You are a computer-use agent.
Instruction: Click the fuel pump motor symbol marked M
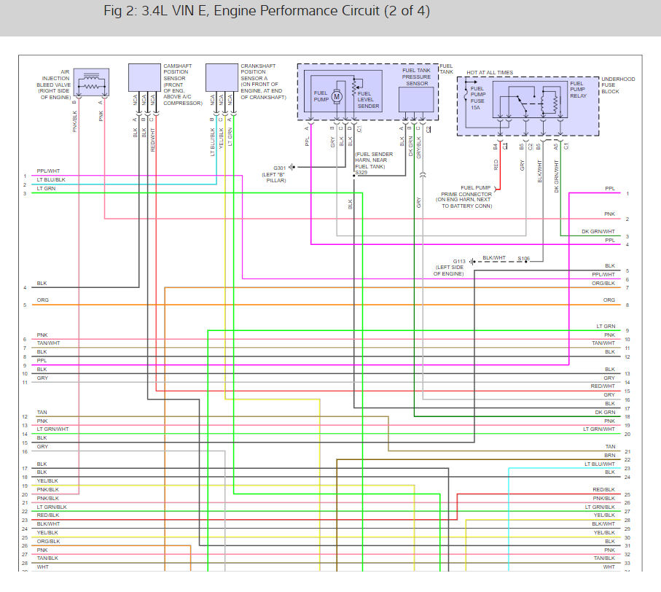(337, 96)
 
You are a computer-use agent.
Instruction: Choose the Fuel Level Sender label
(368, 100)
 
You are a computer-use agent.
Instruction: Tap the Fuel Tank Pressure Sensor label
(417, 76)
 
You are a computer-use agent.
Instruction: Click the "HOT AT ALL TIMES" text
(490, 73)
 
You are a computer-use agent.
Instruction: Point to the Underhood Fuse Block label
(618, 85)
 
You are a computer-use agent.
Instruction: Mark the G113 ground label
(459, 260)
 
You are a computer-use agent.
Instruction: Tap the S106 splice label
(524, 258)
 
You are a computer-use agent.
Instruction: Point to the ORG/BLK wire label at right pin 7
(603, 283)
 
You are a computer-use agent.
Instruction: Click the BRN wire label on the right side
(610, 455)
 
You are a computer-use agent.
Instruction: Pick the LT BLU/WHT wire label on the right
(600, 464)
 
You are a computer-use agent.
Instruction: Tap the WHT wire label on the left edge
(42, 566)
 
